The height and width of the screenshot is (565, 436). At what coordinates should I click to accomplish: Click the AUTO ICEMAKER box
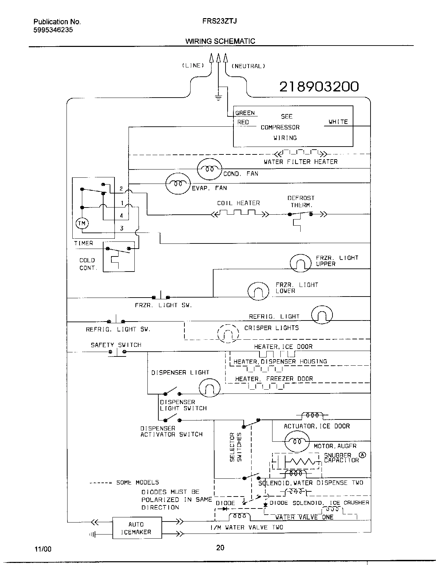point(137,528)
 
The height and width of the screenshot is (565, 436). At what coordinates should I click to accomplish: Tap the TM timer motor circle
point(82,223)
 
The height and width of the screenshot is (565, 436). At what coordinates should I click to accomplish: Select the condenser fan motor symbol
point(209,169)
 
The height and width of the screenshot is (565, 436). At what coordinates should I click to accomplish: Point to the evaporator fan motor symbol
point(178,184)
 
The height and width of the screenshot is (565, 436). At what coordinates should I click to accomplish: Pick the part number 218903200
point(319,87)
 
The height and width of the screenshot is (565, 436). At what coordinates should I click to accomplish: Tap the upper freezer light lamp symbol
point(300,263)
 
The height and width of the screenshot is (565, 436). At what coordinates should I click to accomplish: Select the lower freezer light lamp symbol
point(258,291)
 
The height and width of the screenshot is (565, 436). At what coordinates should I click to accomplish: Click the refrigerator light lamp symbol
point(322,315)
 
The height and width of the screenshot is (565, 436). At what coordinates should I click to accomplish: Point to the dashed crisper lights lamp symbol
point(228,333)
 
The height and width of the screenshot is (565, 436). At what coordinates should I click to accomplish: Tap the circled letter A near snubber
point(362,455)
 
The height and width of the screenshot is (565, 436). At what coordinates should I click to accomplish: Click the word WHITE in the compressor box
point(338,122)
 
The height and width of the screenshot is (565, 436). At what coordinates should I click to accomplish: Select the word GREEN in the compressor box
point(245,113)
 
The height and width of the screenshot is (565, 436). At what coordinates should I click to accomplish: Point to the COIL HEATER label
point(238,203)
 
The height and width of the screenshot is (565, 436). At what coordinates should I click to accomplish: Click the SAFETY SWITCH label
point(116,345)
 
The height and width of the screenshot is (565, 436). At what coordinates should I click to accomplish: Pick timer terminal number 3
point(122,228)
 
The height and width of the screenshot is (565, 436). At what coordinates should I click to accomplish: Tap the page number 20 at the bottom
point(220,548)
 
